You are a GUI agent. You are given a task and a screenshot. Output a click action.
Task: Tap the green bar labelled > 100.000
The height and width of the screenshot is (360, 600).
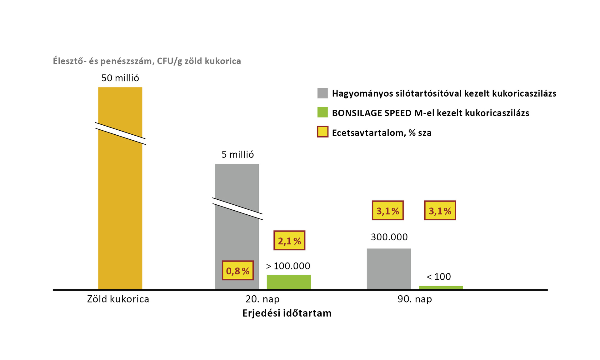tap(288, 282)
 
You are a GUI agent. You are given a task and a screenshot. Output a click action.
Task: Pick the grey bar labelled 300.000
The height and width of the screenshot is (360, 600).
tap(388, 269)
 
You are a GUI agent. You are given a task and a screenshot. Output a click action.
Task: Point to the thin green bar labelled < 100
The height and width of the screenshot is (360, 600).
tap(441, 287)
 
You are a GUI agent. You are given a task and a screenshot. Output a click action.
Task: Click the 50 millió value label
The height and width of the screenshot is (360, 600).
tap(120, 78)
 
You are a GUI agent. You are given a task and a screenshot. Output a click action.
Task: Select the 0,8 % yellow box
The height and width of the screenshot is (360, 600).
tap(238, 271)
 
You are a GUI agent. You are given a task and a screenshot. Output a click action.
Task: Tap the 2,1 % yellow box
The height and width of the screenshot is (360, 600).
tap(289, 241)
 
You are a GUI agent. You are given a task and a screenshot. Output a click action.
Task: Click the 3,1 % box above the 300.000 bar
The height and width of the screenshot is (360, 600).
tap(387, 211)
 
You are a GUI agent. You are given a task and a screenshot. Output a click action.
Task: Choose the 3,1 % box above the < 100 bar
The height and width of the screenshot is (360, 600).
tap(440, 211)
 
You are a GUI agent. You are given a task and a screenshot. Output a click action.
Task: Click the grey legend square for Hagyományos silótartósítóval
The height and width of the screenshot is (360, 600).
tap(322, 93)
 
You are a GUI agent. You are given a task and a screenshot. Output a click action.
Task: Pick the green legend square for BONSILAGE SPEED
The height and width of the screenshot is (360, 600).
tap(322, 112)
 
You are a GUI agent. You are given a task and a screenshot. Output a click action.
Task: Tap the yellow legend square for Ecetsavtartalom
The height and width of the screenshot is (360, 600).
tap(322, 132)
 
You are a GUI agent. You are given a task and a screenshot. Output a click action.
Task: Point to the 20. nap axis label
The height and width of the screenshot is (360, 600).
tap(262, 299)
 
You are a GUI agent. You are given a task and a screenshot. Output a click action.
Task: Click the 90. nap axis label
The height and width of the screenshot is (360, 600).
tap(415, 299)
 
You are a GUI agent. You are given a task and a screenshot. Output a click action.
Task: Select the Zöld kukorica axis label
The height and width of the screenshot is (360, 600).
tap(118, 299)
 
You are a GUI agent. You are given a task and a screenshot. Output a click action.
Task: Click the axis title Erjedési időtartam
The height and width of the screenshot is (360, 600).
tap(287, 313)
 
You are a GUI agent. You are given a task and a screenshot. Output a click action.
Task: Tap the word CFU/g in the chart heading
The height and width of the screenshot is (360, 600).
tap(170, 61)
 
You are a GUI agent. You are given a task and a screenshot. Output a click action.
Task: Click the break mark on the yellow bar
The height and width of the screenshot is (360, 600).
tap(120, 133)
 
